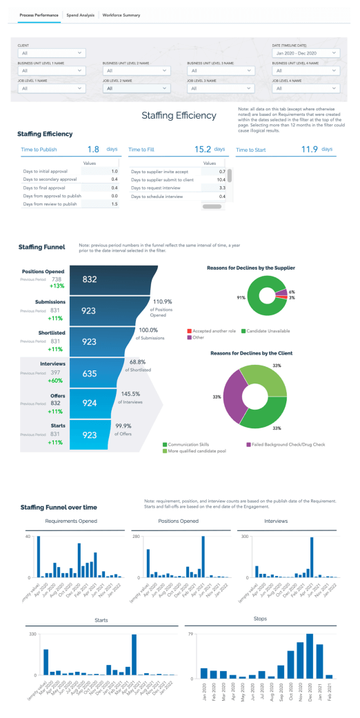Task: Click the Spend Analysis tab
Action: [80, 14]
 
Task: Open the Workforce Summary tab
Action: [121, 14]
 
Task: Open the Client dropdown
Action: [52, 52]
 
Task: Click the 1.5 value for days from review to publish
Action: [115, 204]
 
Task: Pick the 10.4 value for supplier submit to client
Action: [221, 179]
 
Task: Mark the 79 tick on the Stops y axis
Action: [191, 633]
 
